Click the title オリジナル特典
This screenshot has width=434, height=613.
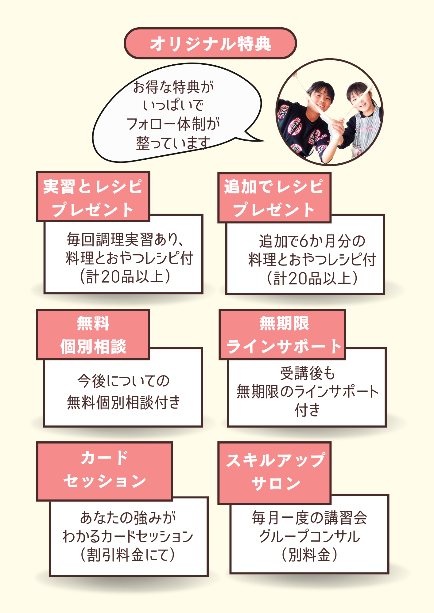click(x=211, y=44)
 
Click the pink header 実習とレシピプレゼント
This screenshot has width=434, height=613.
click(x=93, y=197)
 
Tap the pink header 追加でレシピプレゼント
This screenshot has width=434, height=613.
click(x=274, y=198)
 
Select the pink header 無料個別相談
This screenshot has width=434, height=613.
click(x=93, y=334)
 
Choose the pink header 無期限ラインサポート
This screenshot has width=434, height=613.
click(x=282, y=334)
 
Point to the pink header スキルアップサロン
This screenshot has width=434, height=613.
click(x=274, y=472)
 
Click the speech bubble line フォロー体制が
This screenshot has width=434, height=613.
click(x=173, y=124)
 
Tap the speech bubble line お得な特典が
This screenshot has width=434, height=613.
click(x=173, y=87)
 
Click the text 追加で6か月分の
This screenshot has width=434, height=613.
click(x=312, y=241)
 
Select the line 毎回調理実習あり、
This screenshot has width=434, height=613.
click(x=125, y=239)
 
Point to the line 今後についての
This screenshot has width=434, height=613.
click(x=123, y=381)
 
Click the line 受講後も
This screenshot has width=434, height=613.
click(x=307, y=373)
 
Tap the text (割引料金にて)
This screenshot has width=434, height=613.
click(x=128, y=555)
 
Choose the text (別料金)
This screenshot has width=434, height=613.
click(x=309, y=555)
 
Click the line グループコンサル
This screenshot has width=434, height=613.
click(x=309, y=536)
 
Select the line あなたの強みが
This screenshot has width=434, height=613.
click(x=128, y=518)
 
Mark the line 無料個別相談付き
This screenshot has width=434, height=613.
click(x=123, y=402)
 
